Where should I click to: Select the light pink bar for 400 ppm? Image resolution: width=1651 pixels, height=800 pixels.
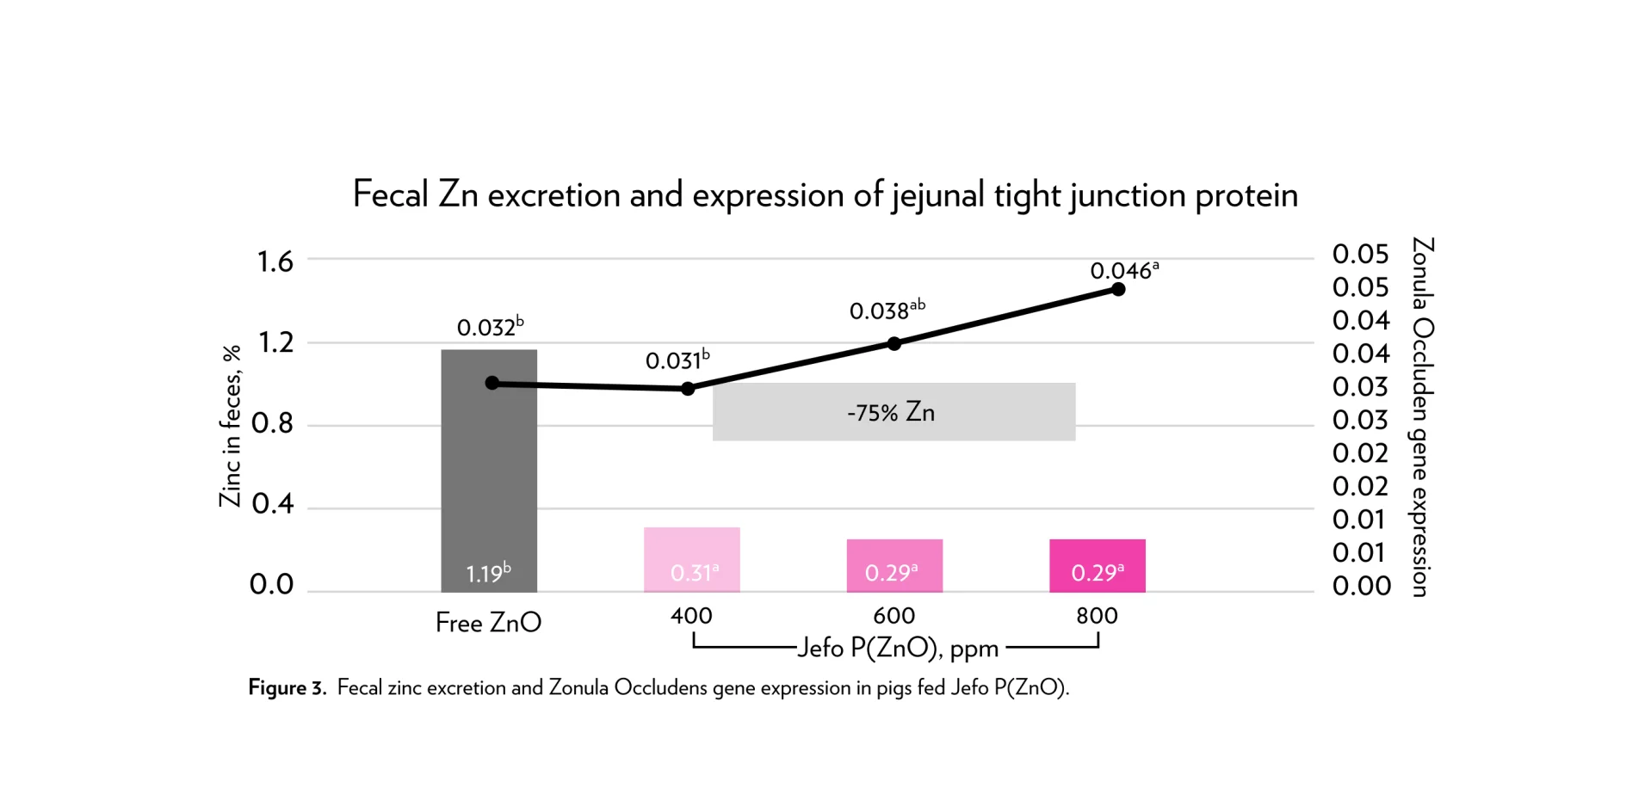[691, 559]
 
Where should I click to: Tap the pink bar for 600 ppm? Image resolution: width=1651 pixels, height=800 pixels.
[894, 565]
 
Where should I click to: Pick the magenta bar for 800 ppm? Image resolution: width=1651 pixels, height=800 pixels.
[1097, 565]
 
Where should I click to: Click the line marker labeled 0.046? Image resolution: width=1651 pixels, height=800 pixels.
[1118, 289]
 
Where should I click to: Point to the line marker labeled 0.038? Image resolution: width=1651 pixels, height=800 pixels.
[894, 343]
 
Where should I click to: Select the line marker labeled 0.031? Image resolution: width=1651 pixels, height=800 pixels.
[688, 389]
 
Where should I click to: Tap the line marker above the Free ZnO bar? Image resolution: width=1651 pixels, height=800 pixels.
[492, 383]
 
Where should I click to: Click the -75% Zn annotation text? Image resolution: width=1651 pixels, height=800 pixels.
[891, 413]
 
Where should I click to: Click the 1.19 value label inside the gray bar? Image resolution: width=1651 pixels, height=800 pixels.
[488, 573]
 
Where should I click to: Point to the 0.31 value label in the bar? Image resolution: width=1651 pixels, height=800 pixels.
[694, 573]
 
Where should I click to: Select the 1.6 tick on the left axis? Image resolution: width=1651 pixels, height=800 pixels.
[275, 262]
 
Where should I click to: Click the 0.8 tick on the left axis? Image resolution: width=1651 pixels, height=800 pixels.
[273, 423]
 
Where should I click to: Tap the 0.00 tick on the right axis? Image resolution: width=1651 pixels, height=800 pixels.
[1361, 586]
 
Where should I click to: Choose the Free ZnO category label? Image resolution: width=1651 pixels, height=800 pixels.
[488, 623]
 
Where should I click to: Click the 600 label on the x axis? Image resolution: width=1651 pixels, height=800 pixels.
[894, 616]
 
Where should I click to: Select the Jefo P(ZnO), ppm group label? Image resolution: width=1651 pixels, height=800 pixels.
[898, 649]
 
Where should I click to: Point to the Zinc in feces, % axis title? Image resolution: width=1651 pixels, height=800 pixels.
[231, 426]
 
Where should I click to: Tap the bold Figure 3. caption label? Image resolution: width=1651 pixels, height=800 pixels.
[288, 688]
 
